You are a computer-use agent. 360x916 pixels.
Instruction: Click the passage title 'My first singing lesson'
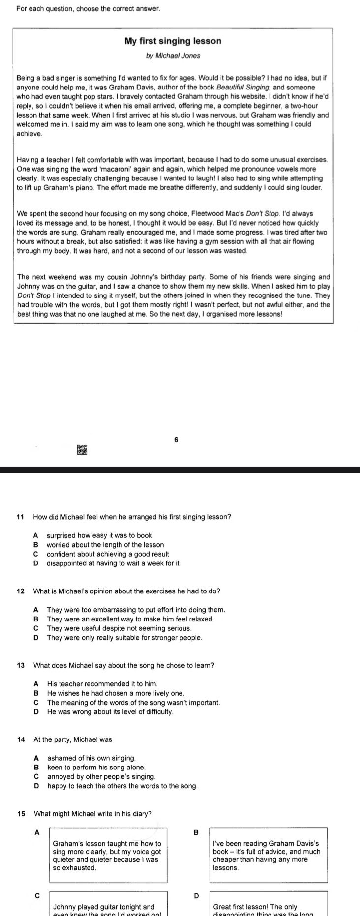point(173,41)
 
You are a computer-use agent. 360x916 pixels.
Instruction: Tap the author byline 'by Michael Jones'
point(173,56)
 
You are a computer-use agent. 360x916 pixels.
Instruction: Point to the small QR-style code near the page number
point(81,450)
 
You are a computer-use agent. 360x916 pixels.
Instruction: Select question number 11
point(20,517)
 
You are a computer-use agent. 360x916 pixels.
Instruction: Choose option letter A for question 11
point(36,535)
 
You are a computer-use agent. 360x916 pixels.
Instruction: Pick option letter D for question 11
point(36,563)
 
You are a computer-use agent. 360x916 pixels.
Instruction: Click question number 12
point(20,591)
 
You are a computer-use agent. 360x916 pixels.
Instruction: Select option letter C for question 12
point(36,628)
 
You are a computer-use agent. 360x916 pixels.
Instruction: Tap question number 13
point(20,665)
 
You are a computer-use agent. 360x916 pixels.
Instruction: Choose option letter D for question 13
point(36,712)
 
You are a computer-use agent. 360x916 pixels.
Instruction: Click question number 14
point(20,739)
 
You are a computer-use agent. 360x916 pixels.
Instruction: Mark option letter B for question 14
point(36,768)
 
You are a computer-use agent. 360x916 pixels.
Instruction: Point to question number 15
point(20,814)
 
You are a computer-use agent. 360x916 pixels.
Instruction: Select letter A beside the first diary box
point(36,833)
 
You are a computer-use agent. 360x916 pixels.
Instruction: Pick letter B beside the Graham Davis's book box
point(196,833)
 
